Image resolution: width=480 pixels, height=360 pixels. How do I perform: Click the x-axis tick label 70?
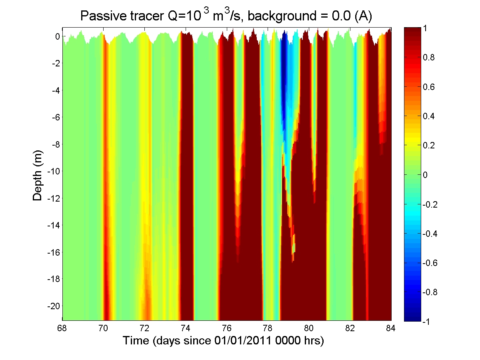[x=103, y=329]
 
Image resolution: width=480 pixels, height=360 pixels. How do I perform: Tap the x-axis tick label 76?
[x=227, y=329]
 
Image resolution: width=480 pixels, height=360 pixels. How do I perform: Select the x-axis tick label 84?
[x=391, y=329]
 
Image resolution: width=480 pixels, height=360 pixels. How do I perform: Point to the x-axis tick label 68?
[x=62, y=329]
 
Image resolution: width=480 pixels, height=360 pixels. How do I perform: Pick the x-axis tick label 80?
[x=309, y=329]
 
